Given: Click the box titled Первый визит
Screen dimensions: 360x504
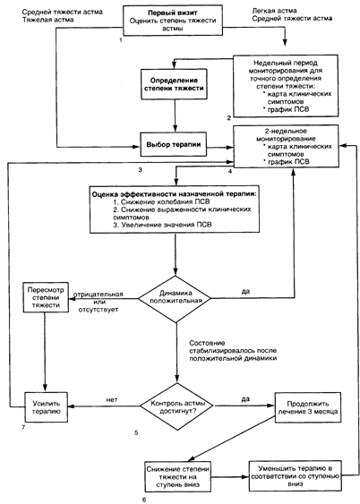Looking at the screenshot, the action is (173, 21).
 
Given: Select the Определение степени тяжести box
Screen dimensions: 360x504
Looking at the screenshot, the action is (174, 84).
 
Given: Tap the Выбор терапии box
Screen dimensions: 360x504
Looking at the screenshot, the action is (173, 145).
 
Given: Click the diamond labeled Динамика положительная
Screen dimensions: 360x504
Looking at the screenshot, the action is (176, 299).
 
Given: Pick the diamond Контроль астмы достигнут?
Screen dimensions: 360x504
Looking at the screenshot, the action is (177, 406).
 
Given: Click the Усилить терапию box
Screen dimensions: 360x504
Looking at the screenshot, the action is (47, 407).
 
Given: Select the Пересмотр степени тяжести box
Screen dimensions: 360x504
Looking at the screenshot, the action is (46, 297).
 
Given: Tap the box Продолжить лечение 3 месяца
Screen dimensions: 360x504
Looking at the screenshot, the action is (307, 407).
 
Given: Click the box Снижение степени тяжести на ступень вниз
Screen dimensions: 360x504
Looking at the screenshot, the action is (177, 476).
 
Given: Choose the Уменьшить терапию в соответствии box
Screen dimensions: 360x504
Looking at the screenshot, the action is (296, 475).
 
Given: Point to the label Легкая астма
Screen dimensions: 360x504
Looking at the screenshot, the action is (274, 11).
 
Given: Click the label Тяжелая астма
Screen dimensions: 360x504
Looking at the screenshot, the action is (47, 20).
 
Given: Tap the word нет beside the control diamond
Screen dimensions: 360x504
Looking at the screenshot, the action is (112, 399).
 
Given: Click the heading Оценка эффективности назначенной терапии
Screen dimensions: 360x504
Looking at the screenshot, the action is (175, 194).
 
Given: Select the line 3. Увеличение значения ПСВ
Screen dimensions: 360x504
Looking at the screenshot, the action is (163, 225).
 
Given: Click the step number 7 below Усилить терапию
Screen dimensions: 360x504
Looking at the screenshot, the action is (23, 427).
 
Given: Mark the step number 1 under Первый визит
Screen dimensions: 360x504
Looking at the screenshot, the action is (121, 40).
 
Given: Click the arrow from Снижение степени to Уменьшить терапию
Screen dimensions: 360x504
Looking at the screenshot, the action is (230, 477).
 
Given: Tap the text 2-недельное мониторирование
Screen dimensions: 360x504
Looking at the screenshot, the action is (286, 135).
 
